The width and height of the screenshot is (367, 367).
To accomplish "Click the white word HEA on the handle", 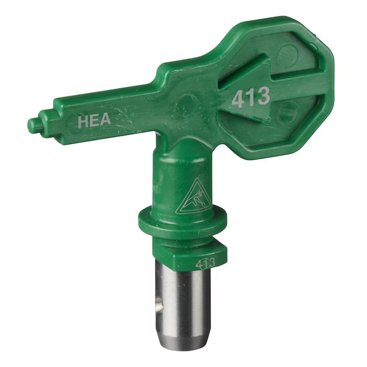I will click(x=94, y=121).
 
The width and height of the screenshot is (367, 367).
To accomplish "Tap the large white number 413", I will click(x=250, y=97).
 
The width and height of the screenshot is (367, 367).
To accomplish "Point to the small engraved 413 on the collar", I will click(x=206, y=263).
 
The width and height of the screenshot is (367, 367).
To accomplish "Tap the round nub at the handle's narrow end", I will click(x=34, y=125).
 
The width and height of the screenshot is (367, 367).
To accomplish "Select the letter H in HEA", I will click(x=83, y=122).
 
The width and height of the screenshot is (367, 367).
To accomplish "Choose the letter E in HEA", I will click(x=94, y=121).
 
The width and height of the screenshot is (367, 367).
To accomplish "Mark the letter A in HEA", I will click(x=105, y=120).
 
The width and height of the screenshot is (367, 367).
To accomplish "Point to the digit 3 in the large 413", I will click(x=262, y=95).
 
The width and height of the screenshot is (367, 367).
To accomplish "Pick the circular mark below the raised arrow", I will click(x=288, y=112).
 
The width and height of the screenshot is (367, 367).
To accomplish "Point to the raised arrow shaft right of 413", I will click(x=298, y=85).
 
